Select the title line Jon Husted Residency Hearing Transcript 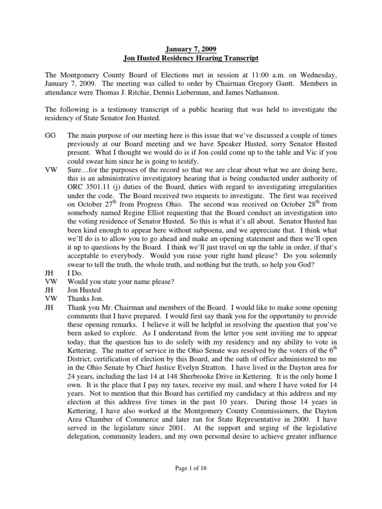point(191,59)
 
